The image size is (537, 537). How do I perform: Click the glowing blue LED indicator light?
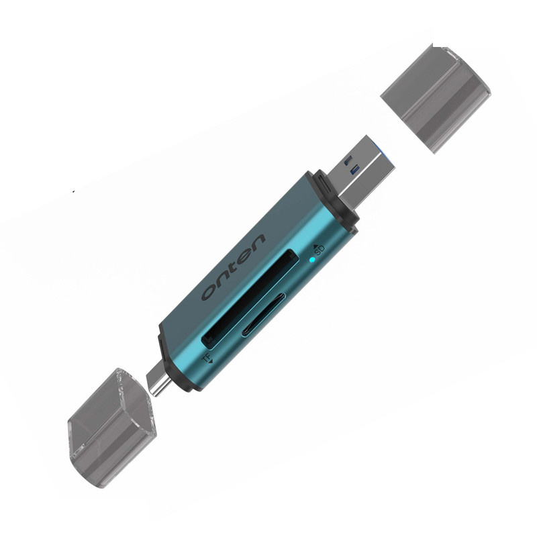coord(312,260)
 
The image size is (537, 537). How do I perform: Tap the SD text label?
coord(320,250)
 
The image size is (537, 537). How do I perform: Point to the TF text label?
coord(206,358)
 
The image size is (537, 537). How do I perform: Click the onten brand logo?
coord(234,267)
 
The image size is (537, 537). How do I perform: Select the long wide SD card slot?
coord(249,299)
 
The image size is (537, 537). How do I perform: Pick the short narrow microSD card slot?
coord(264,315)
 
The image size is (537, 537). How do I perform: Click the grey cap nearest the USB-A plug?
coord(436,99)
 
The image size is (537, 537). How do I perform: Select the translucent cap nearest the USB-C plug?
coord(113,428)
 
